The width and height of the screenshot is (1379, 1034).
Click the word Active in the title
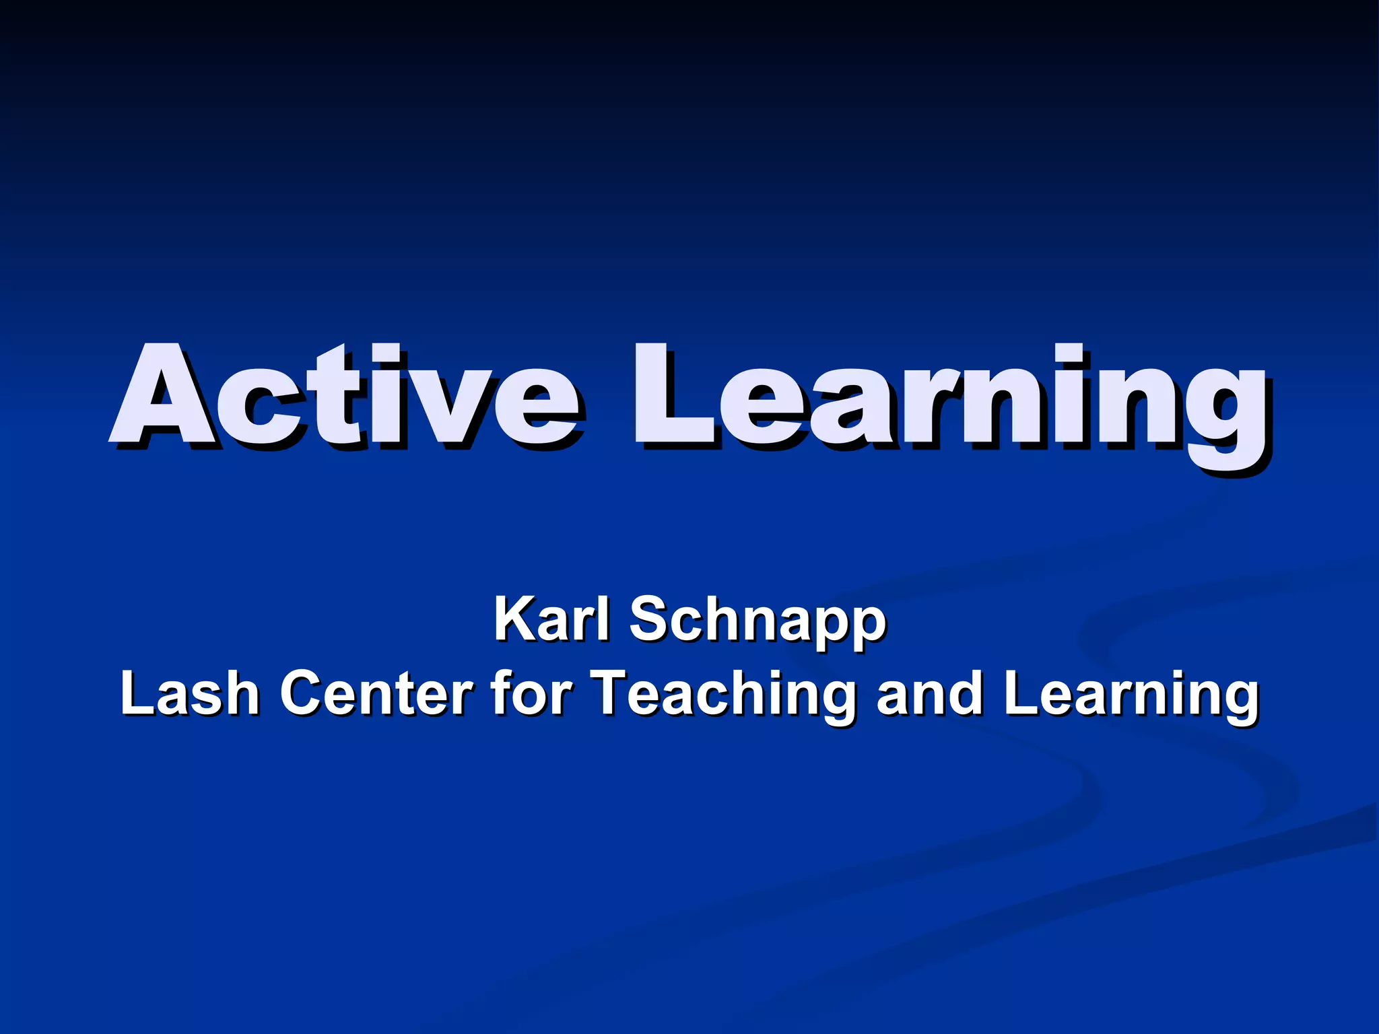(x=343, y=397)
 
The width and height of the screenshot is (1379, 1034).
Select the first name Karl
(x=552, y=619)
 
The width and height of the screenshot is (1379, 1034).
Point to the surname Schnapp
(x=758, y=623)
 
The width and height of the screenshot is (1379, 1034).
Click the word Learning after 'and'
(x=1131, y=697)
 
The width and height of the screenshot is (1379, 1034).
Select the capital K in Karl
(x=515, y=619)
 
